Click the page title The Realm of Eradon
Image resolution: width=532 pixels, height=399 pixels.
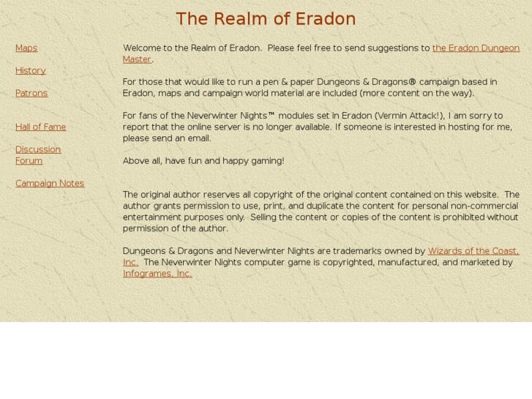coord(266,19)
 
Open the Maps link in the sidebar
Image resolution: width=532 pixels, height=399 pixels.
coord(26,48)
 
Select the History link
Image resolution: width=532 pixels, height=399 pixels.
coord(31,71)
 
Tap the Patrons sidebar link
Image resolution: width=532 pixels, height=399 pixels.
coord(31,93)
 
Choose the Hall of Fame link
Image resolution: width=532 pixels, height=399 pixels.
coord(41,127)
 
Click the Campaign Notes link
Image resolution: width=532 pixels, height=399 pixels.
coord(50,184)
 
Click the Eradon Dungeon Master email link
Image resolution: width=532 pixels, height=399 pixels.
coord(476,48)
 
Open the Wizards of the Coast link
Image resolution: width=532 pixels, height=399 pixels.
coord(473,251)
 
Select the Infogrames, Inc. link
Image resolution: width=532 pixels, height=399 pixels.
coord(157,274)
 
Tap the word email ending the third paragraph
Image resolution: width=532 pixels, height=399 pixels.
coord(198,138)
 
